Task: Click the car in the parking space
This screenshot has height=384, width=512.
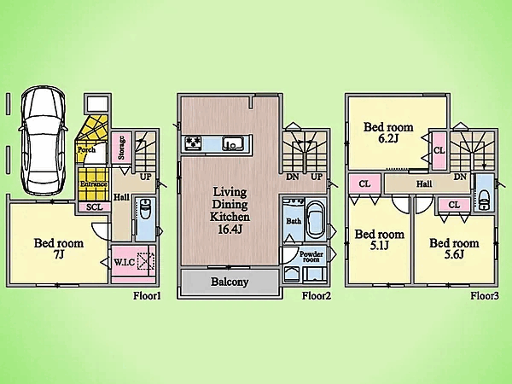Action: coord(44,141)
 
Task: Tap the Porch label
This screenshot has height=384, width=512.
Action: coord(86,150)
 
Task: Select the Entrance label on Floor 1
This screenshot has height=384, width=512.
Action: coord(94,184)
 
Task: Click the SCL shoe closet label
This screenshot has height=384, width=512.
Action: coord(95,207)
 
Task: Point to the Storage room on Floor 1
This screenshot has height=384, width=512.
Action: coord(121,148)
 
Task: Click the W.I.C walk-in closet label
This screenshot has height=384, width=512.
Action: coord(125,262)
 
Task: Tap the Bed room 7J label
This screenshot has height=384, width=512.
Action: coord(59,248)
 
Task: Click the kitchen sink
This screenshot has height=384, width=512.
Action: coord(232,143)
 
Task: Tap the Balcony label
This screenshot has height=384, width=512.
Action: coord(230,282)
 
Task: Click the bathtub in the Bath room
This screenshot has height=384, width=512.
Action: coord(316,221)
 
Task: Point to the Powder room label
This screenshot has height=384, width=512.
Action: coord(311,257)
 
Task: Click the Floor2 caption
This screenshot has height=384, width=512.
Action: coord(317,296)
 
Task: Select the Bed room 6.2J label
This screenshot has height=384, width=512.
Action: coord(388,132)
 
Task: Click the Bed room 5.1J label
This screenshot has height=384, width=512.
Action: coord(380,240)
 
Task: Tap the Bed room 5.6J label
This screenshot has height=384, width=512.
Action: coord(454,248)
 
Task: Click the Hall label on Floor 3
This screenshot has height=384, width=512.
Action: coord(424,184)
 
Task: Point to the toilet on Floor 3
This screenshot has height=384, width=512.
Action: coord(484,201)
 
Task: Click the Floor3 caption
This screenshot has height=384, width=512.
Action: coord(485,296)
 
